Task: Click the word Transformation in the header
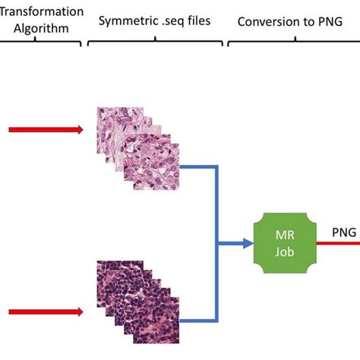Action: click(42, 11)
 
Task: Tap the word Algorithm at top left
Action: click(41, 28)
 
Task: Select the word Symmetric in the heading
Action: click(126, 21)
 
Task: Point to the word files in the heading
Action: click(199, 21)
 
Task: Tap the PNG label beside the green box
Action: click(344, 232)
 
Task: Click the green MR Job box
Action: click(285, 243)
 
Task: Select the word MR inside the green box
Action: click(285, 235)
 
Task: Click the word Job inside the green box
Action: click(285, 252)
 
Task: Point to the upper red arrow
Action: click(46, 130)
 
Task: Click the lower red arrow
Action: click(46, 311)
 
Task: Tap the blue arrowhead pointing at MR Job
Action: click(248, 243)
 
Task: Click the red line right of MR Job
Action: click(338, 244)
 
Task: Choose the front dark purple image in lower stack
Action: click(156, 321)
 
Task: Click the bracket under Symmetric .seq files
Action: click(155, 41)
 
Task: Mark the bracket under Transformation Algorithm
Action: click(40, 41)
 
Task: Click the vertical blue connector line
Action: click(216, 244)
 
